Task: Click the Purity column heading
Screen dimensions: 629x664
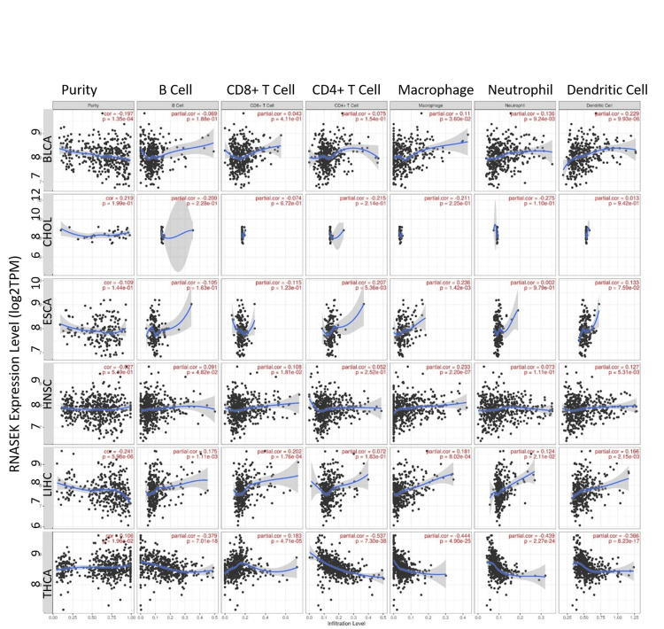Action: [x=85, y=89]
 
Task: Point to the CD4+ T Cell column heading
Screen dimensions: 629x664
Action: [x=346, y=89]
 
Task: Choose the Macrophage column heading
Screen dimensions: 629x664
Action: [x=431, y=89]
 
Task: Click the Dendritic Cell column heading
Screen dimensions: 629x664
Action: [x=604, y=89]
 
